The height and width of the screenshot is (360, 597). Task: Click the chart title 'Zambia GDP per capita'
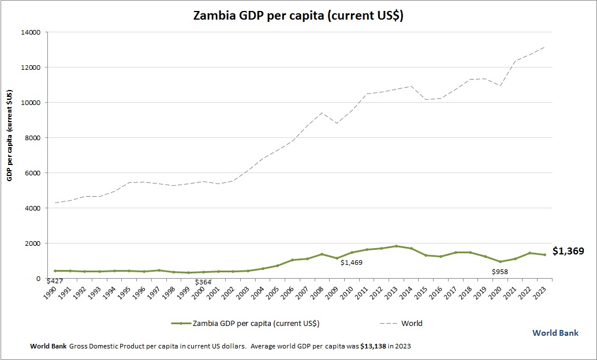pos(298,16)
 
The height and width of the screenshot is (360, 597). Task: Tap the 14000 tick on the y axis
pos(30,32)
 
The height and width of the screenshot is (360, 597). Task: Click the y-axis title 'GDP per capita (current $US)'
pos(10,136)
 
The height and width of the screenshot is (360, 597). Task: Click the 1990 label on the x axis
pos(51,290)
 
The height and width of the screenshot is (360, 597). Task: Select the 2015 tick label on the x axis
pos(422,290)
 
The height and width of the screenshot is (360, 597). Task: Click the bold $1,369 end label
pos(568,251)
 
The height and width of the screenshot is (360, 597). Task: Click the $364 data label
pos(203,282)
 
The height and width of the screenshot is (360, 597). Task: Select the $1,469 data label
pos(352,263)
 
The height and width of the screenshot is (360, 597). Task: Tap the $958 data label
pos(500,272)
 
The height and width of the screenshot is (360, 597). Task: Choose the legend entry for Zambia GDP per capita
pos(245,323)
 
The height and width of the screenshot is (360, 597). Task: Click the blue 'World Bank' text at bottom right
pos(555,333)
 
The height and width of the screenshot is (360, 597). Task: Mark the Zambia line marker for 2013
pos(396,246)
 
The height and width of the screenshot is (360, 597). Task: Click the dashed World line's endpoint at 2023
pos(544,47)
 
